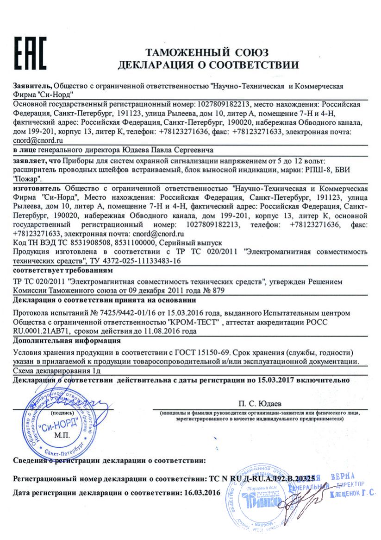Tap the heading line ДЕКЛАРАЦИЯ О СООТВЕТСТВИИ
pyautogui.click(x=208, y=64)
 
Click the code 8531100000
pyautogui.click(x=137, y=242)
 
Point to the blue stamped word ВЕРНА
pyautogui.click(x=343, y=477)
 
